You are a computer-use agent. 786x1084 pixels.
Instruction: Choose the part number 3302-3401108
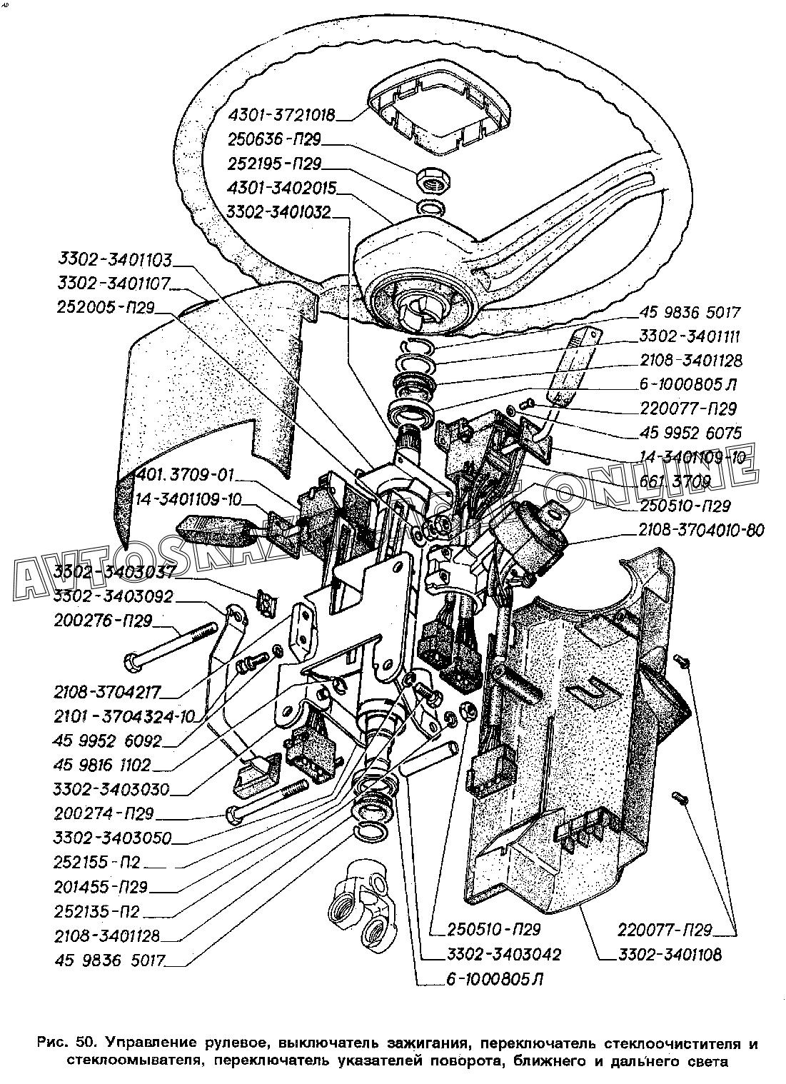point(661,954)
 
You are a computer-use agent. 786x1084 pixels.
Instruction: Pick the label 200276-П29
point(103,621)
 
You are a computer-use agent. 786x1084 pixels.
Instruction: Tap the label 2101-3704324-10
point(126,716)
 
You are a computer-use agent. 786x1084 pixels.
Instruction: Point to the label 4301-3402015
point(281,188)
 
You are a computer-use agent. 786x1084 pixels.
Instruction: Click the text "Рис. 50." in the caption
point(61,1045)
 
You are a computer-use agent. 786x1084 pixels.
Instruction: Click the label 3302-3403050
point(112,838)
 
